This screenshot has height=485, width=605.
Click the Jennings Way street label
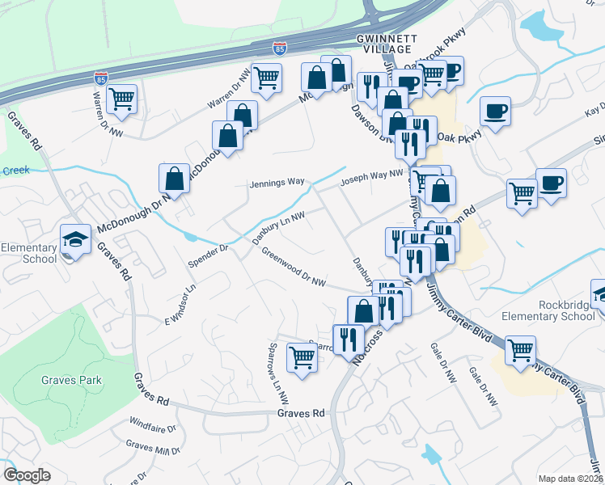pos(276,183)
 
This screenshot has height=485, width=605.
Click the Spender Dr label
pos(209,254)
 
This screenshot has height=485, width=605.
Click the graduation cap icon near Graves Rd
pos(75,239)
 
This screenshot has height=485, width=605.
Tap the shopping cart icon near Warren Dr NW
pos(121,99)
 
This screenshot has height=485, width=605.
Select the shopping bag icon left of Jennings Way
pos(174,177)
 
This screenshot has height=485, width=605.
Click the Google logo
pos(27,475)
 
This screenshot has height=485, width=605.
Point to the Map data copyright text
pos(570,479)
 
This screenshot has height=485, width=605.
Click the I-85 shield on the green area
pos(100,79)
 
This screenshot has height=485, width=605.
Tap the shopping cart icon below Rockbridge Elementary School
pos(520,350)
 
